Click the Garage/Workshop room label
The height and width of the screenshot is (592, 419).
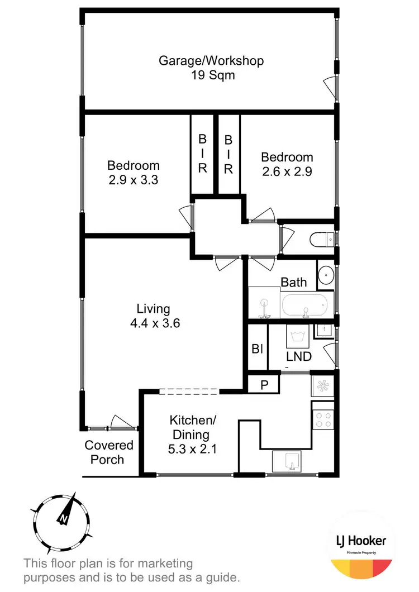click(x=211, y=60)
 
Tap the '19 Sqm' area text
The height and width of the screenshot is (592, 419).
click(x=211, y=74)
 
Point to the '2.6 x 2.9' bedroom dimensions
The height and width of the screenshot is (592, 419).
click(x=287, y=171)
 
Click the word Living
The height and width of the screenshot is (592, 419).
click(x=153, y=308)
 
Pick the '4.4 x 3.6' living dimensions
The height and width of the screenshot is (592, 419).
click(x=153, y=322)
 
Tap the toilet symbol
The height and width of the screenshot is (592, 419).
click(x=321, y=240)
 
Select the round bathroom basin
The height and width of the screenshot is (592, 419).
click(x=326, y=275)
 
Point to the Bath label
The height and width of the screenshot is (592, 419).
click(x=293, y=282)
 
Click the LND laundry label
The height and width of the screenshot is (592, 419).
click(x=298, y=356)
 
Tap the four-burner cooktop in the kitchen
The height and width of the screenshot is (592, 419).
click(x=323, y=419)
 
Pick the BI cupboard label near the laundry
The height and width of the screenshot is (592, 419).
click(x=258, y=349)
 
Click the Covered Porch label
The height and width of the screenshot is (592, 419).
click(x=109, y=452)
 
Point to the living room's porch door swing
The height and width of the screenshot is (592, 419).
click(x=119, y=422)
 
